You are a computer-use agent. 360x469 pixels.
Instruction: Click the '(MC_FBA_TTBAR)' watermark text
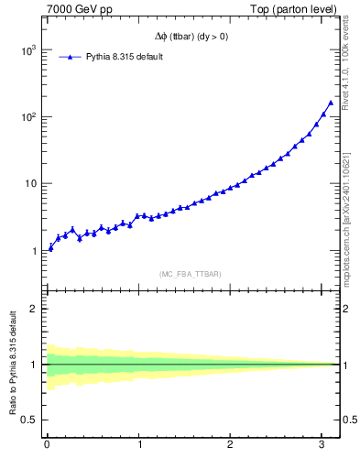pos(190,274)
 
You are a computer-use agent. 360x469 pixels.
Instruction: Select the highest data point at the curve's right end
pos(331,103)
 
